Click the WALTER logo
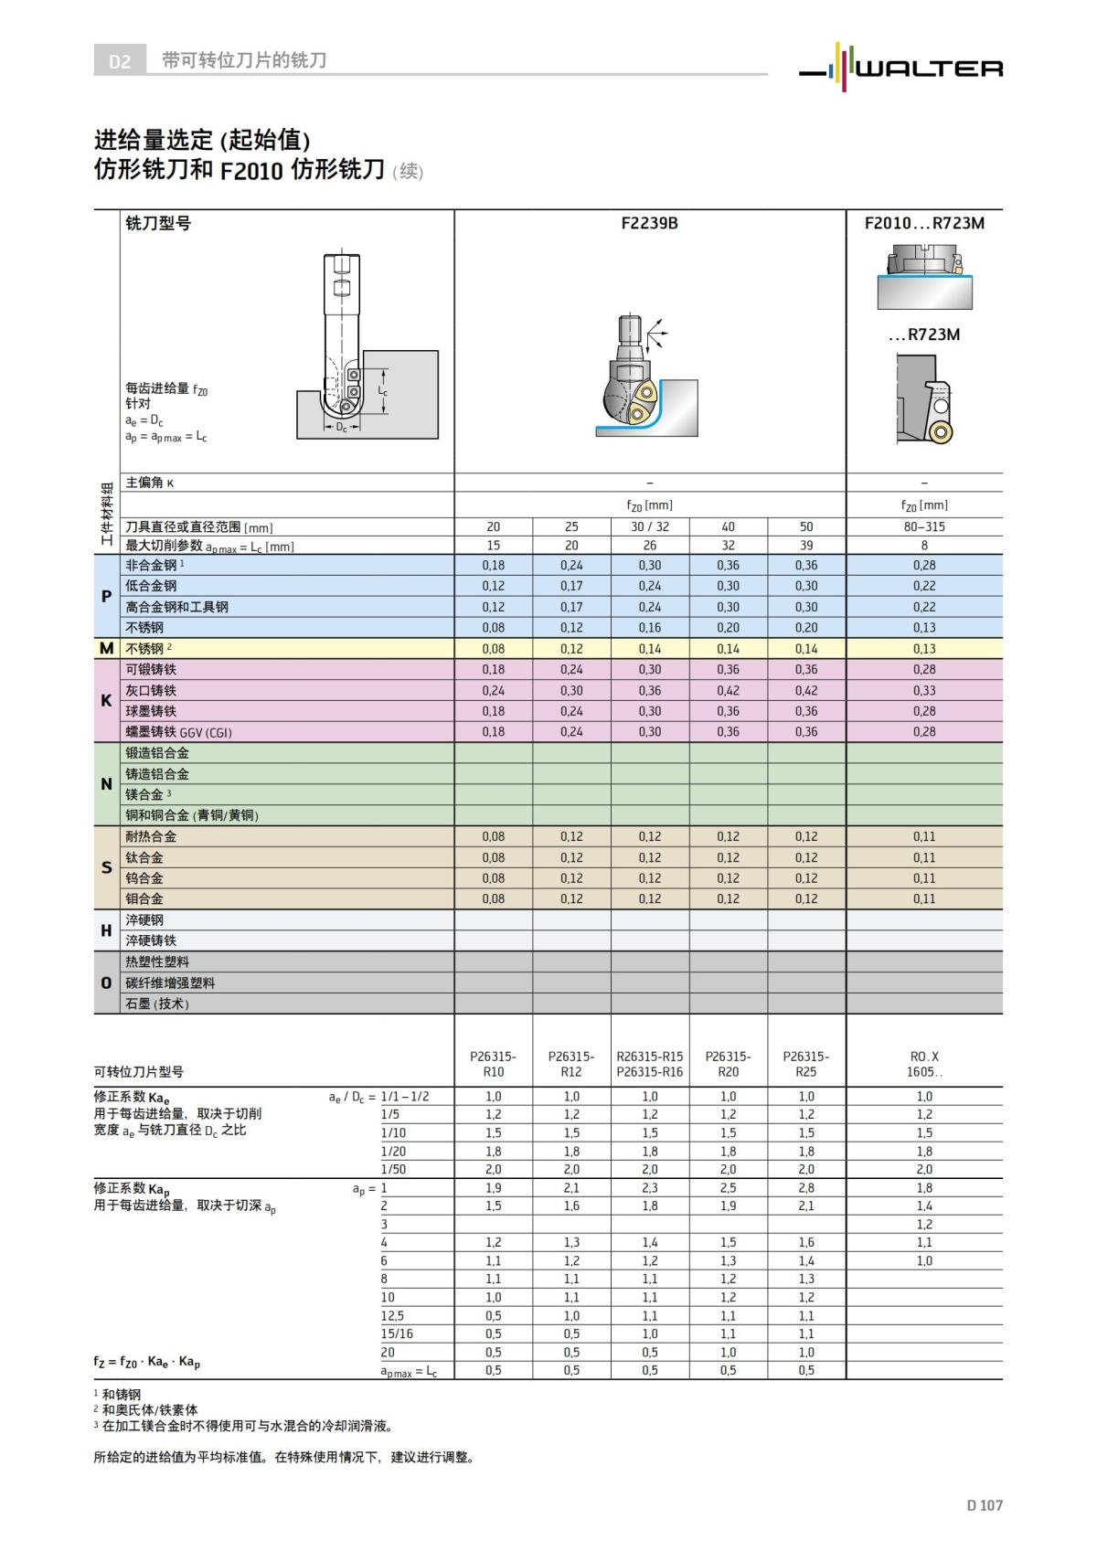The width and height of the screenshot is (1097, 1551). (x=901, y=66)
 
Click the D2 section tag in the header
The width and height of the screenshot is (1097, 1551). (x=120, y=61)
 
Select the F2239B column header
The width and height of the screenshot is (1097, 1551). (x=649, y=223)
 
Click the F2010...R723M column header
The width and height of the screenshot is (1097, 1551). (x=924, y=223)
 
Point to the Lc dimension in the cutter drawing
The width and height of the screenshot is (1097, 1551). (x=383, y=392)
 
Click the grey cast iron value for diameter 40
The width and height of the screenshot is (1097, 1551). (x=728, y=690)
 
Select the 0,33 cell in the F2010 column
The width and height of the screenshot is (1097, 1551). (x=924, y=690)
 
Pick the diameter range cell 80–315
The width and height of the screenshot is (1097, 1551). (x=924, y=526)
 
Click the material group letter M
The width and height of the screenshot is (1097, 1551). (x=106, y=648)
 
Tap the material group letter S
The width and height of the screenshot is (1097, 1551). (x=106, y=867)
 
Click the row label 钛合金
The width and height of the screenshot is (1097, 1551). (x=144, y=857)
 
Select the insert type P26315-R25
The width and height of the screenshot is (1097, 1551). (x=805, y=1064)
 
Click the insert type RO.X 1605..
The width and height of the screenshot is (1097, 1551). (x=924, y=1064)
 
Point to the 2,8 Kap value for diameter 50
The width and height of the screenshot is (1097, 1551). (x=805, y=1187)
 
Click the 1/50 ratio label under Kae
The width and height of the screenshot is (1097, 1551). (x=393, y=1169)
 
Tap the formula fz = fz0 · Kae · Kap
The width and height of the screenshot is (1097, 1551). (x=146, y=1362)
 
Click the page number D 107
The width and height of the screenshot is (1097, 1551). (x=984, y=1505)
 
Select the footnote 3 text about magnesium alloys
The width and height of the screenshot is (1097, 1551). (x=247, y=1426)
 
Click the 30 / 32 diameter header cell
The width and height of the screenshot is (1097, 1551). (x=649, y=526)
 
